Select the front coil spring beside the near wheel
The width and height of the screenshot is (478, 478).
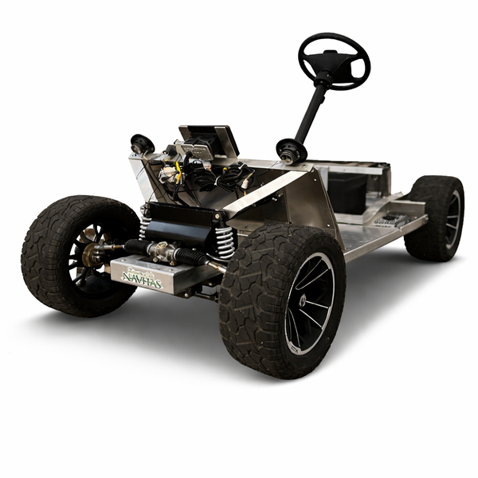tap(225, 241)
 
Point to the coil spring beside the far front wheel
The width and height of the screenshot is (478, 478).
tap(144, 224)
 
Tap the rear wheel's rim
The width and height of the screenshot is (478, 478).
tap(452, 218)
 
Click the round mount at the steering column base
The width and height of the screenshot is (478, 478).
tap(290, 149)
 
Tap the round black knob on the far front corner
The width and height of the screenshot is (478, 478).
tap(143, 144)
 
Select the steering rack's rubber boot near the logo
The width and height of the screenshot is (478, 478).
tap(190, 257)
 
